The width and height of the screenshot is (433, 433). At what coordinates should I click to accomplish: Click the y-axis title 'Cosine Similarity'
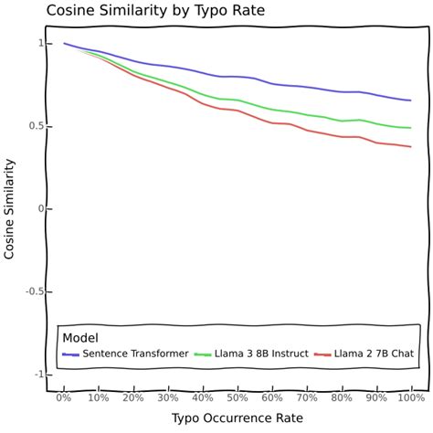click(x=10, y=208)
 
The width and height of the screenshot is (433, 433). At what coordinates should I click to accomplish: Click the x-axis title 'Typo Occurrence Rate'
click(x=238, y=417)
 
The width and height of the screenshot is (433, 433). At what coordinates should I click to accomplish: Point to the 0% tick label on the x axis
click(x=64, y=397)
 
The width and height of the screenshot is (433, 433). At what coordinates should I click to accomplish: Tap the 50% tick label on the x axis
click(x=238, y=397)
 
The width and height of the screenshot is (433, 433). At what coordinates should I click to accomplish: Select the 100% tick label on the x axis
click(x=410, y=397)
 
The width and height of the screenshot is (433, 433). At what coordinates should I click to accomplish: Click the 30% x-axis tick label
click(x=168, y=397)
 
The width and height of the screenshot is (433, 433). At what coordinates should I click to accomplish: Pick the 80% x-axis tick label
click(x=342, y=397)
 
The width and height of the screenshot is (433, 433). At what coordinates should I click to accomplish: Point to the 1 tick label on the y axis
click(x=40, y=43)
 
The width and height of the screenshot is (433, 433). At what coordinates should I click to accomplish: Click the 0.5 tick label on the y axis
click(x=35, y=126)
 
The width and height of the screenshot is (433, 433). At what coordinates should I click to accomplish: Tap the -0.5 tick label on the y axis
click(x=33, y=291)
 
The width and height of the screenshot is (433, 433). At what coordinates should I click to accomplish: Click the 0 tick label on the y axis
click(x=40, y=209)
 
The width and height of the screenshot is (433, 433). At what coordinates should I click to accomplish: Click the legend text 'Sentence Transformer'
click(x=135, y=354)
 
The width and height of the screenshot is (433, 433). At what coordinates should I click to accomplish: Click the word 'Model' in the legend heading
click(x=80, y=337)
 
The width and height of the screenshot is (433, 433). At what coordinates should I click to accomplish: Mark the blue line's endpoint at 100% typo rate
click(x=410, y=100)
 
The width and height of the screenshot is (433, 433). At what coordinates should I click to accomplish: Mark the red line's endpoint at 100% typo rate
click(x=410, y=147)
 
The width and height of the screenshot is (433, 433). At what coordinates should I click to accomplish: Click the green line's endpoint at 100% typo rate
click(x=410, y=128)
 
